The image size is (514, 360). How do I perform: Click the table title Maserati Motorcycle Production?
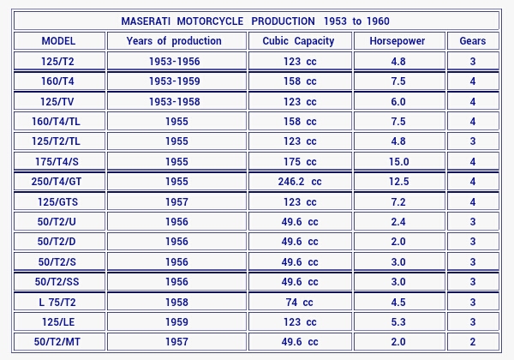tap(256, 21)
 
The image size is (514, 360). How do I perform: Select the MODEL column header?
tap(58, 41)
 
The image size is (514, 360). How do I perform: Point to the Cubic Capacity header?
tap(299, 41)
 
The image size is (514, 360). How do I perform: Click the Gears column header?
tap(472, 41)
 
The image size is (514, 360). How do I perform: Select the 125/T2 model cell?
tap(58, 62)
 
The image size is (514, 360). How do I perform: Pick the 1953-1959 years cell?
tap(176, 81)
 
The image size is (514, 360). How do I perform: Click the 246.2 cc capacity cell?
tap(299, 182)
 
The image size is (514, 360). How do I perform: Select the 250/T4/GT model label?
tap(58, 182)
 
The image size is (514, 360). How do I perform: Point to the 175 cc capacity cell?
tap(299, 162)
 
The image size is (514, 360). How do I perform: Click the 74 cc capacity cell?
tap(299, 303)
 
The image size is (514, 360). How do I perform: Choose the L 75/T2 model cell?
tap(58, 303)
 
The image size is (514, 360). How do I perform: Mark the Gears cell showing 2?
tap(472, 342)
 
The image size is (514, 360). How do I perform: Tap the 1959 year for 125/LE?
tap(176, 322)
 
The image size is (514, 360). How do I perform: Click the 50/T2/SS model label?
tap(58, 282)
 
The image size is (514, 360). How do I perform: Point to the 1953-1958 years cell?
tap(176, 102)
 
